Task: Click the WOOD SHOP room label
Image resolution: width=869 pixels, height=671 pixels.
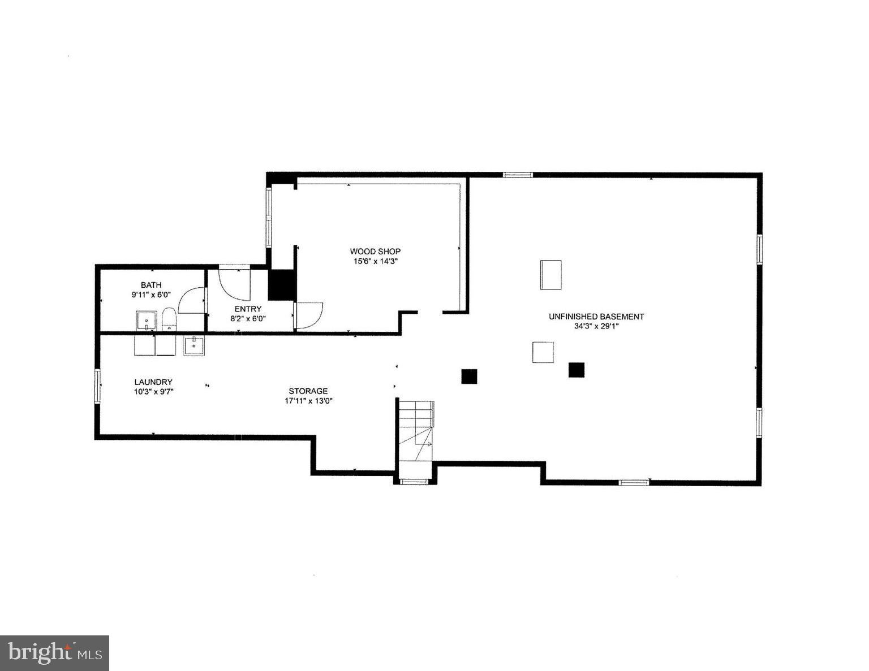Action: (x=375, y=251)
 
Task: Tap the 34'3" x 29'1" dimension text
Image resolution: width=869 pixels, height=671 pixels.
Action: (x=596, y=326)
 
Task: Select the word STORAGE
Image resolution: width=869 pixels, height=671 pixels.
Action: (x=308, y=391)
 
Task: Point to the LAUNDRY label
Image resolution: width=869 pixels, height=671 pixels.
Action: (x=153, y=382)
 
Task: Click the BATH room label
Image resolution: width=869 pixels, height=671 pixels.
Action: (x=150, y=285)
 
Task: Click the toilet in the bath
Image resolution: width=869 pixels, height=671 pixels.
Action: (x=169, y=319)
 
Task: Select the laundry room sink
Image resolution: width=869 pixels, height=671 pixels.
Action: (x=194, y=345)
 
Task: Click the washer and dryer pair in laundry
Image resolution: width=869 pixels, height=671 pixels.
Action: (x=155, y=345)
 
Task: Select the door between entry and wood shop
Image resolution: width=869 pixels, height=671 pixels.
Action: (x=308, y=315)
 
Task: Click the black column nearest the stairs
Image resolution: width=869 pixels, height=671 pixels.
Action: (x=469, y=376)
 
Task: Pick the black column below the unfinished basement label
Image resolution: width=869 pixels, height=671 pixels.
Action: (x=576, y=370)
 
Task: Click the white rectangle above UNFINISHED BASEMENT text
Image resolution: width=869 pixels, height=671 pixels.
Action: (x=550, y=275)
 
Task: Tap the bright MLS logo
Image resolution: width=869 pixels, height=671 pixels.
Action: (x=54, y=653)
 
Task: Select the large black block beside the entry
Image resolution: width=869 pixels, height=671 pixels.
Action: (x=282, y=285)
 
